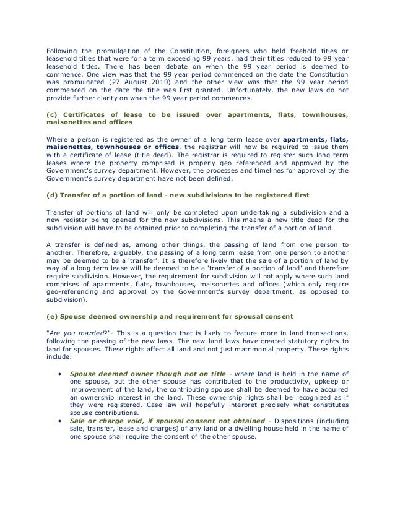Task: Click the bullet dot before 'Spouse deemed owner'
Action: coord(59,374)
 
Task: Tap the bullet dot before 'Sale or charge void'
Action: coord(59,420)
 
